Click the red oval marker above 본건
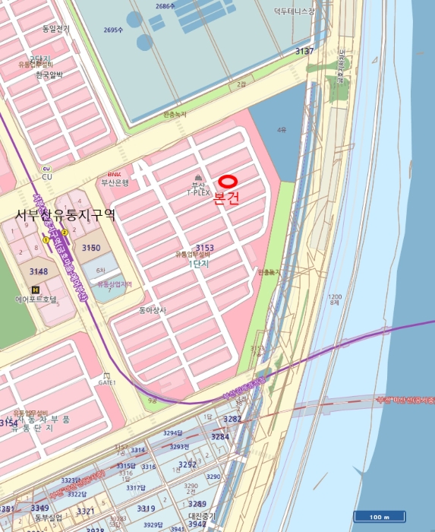coord(229,182)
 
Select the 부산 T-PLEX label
coord(198,189)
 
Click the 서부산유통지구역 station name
coord(65,215)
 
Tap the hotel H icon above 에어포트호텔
coord(34,290)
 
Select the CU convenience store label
coord(47,176)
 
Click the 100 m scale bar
coord(380,518)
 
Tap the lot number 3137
coord(304,52)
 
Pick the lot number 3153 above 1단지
coord(205,248)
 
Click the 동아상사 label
coord(153,310)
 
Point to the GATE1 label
coord(106,382)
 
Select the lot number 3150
coord(91,248)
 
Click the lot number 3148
coord(38,271)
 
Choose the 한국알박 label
coord(50,74)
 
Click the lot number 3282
coord(232,419)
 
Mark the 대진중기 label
coord(203,515)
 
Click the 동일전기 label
coord(55,29)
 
